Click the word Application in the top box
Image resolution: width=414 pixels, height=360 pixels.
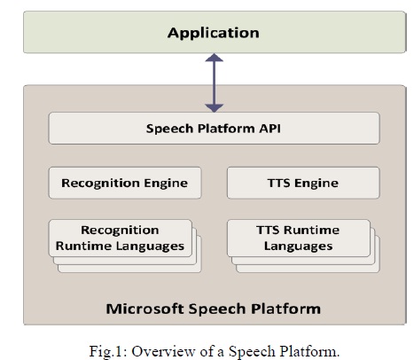214,33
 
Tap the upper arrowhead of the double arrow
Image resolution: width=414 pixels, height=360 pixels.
215,58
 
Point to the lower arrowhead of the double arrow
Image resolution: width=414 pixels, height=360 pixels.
215,108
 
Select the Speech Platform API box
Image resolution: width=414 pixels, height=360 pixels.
214,129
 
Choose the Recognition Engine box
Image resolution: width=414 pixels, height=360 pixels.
125,183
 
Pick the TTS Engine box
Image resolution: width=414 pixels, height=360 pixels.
303,183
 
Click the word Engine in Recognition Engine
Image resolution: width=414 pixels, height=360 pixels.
166,184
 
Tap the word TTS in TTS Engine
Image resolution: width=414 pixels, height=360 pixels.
278,183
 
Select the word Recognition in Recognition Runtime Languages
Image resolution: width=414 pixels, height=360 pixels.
120,231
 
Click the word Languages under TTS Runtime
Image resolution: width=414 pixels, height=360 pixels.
298,247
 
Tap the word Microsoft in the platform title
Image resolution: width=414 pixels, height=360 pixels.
145,309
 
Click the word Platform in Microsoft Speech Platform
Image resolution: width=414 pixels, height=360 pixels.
286,309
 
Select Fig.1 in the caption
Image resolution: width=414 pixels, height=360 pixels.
108,352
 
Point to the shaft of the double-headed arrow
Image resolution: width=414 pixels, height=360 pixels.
215,82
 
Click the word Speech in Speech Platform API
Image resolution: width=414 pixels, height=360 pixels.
169,129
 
